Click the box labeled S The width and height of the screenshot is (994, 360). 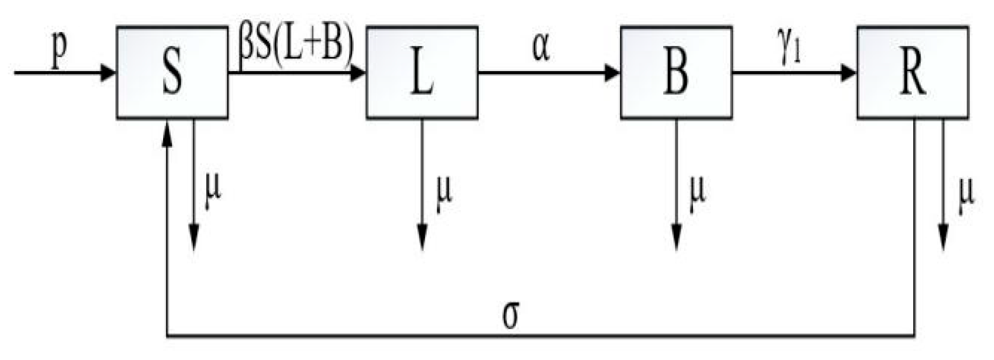click(172, 73)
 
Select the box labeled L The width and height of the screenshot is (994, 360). click(422, 73)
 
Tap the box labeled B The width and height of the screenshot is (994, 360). click(676, 73)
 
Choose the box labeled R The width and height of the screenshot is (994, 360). click(913, 73)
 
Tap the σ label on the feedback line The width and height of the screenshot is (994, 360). click(511, 316)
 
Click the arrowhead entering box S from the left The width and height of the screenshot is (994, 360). click(108, 73)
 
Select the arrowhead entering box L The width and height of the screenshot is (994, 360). click(357, 73)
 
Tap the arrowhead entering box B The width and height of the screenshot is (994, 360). click(612, 73)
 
